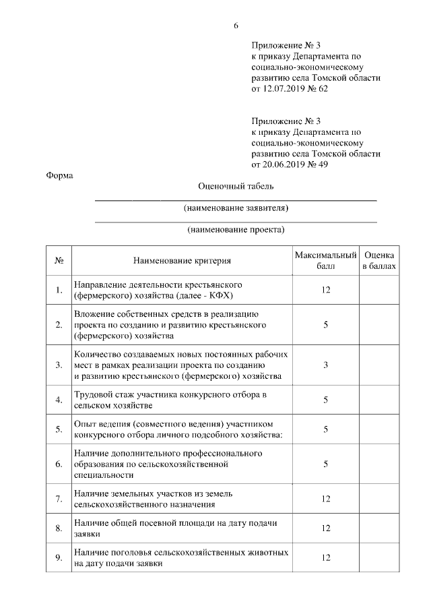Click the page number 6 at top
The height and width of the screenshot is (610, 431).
coord(236,26)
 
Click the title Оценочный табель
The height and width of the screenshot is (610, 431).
coord(236,186)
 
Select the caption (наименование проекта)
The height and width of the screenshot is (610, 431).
coord(236,229)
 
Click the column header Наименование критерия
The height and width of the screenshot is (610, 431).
coord(182,261)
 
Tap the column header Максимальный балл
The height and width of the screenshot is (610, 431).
coord(325,261)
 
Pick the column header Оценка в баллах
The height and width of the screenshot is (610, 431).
coord(379,261)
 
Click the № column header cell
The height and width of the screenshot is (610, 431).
coord(59,261)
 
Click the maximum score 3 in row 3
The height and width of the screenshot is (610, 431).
coord(325,365)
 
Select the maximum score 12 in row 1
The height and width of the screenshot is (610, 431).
coord(325,290)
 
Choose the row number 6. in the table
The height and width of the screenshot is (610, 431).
coord(59,464)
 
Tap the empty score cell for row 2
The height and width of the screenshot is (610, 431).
coord(379,324)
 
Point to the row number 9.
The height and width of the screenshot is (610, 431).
coord(59,557)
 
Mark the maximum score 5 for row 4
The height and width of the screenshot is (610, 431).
coord(325,400)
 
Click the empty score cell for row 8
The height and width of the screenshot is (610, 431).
coord(379,528)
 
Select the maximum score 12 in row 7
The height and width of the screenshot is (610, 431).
coord(325,499)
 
